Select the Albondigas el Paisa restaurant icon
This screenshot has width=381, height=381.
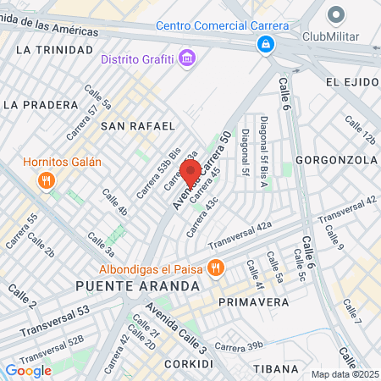pos(216,268)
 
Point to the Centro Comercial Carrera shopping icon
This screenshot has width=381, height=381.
pos(266,42)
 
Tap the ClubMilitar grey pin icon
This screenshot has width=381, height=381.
pos(336,15)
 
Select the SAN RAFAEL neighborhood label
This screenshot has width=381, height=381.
pos(137,125)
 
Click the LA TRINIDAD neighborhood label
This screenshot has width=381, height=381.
pos(52,50)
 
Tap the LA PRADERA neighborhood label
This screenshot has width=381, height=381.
pos(39,105)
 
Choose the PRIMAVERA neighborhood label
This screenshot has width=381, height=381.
pos(249,301)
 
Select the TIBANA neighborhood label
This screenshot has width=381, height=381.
pos(276,368)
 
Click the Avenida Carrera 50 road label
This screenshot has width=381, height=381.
pos(202,169)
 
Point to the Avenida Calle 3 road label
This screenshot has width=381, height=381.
pos(175,328)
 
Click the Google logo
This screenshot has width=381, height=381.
pos(28,370)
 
